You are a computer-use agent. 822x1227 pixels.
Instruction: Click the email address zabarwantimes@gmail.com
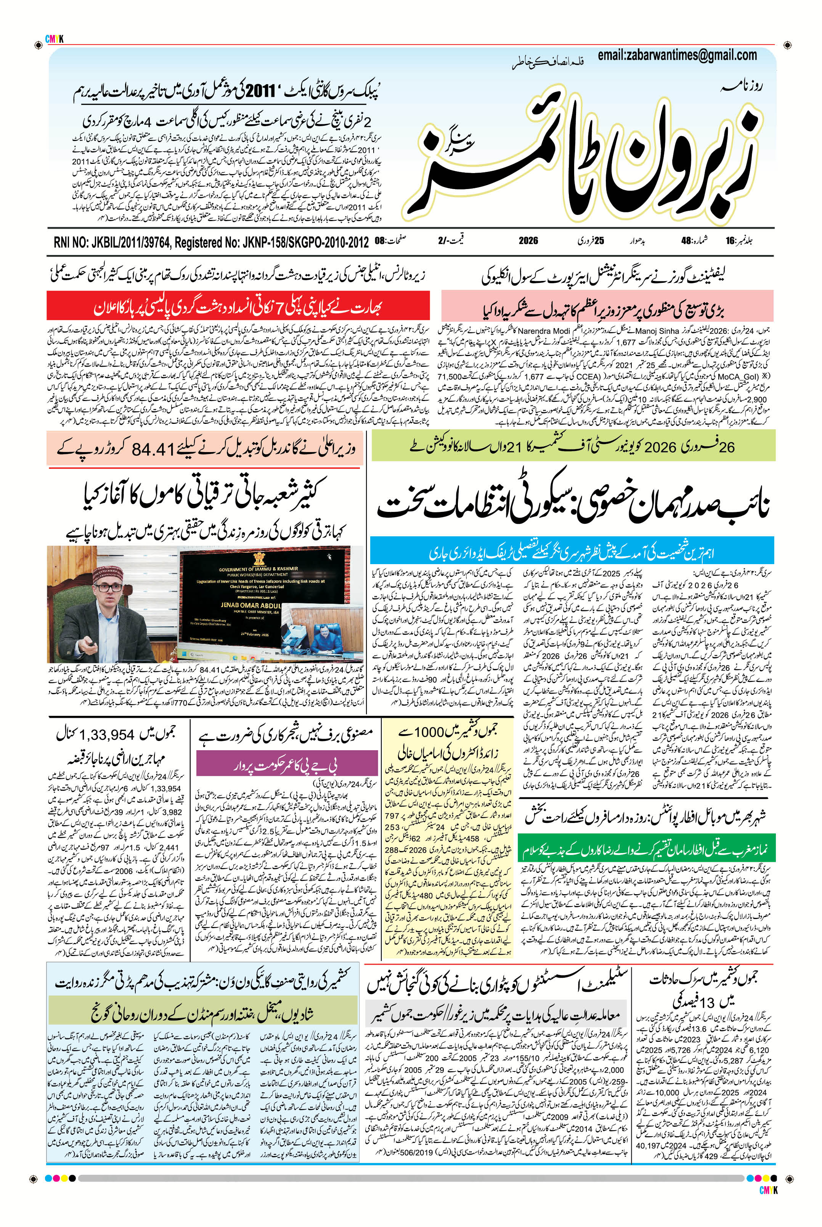677,55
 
